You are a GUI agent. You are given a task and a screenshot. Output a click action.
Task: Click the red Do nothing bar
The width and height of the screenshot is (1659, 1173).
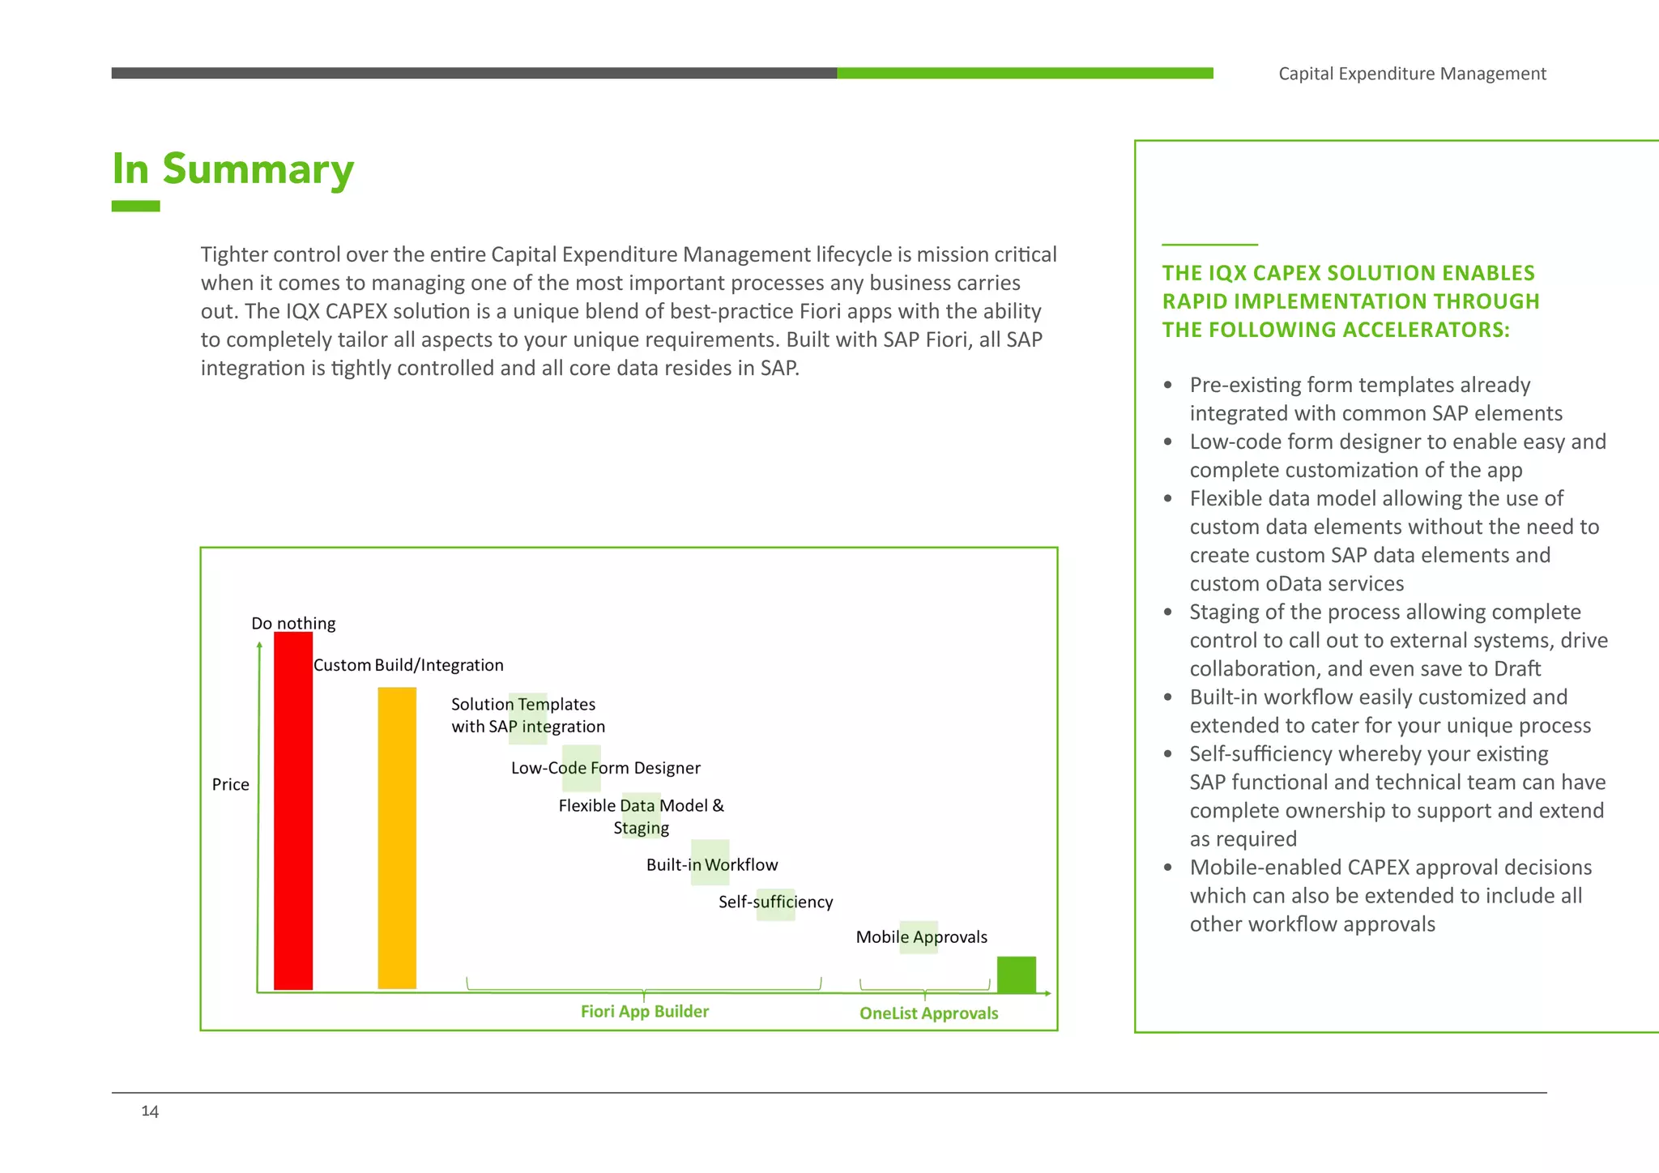coord(293,810)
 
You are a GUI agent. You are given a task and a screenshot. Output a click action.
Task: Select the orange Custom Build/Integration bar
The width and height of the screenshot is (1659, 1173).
coord(397,838)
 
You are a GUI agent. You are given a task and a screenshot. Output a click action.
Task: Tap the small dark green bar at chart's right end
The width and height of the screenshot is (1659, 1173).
coord(1016,974)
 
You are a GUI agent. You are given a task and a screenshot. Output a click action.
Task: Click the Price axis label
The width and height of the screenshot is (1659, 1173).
coord(231,784)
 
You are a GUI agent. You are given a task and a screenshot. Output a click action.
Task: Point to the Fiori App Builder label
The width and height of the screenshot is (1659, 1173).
coord(644,1011)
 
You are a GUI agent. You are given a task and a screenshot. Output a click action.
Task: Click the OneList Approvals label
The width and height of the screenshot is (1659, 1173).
coord(928,1013)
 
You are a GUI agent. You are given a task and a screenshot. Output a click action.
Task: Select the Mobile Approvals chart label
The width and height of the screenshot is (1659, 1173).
coord(921,937)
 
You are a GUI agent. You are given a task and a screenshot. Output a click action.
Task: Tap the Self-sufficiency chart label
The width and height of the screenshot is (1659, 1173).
coord(775,902)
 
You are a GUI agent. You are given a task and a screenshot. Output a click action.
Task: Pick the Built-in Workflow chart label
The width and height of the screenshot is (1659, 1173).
coord(711,864)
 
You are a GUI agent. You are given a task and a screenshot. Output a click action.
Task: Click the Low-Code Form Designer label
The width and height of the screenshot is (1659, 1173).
coord(605,768)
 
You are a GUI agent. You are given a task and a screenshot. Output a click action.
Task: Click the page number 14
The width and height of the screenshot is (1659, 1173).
coord(150,1111)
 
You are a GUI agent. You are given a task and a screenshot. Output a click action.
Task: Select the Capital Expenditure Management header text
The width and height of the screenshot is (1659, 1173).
coord(1412,74)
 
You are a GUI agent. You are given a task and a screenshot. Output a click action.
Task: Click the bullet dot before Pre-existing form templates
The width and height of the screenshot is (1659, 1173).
coord(1167,385)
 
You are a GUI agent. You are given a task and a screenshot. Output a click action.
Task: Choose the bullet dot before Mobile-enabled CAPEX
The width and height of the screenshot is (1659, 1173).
coord(1167,868)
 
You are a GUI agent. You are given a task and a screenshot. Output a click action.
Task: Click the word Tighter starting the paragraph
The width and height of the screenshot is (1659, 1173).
coord(234,255)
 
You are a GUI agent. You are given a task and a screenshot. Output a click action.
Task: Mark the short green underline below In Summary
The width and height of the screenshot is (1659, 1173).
coord(135,207)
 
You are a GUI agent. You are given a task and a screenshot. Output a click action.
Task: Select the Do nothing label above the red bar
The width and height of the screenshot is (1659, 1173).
coord(293,623)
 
